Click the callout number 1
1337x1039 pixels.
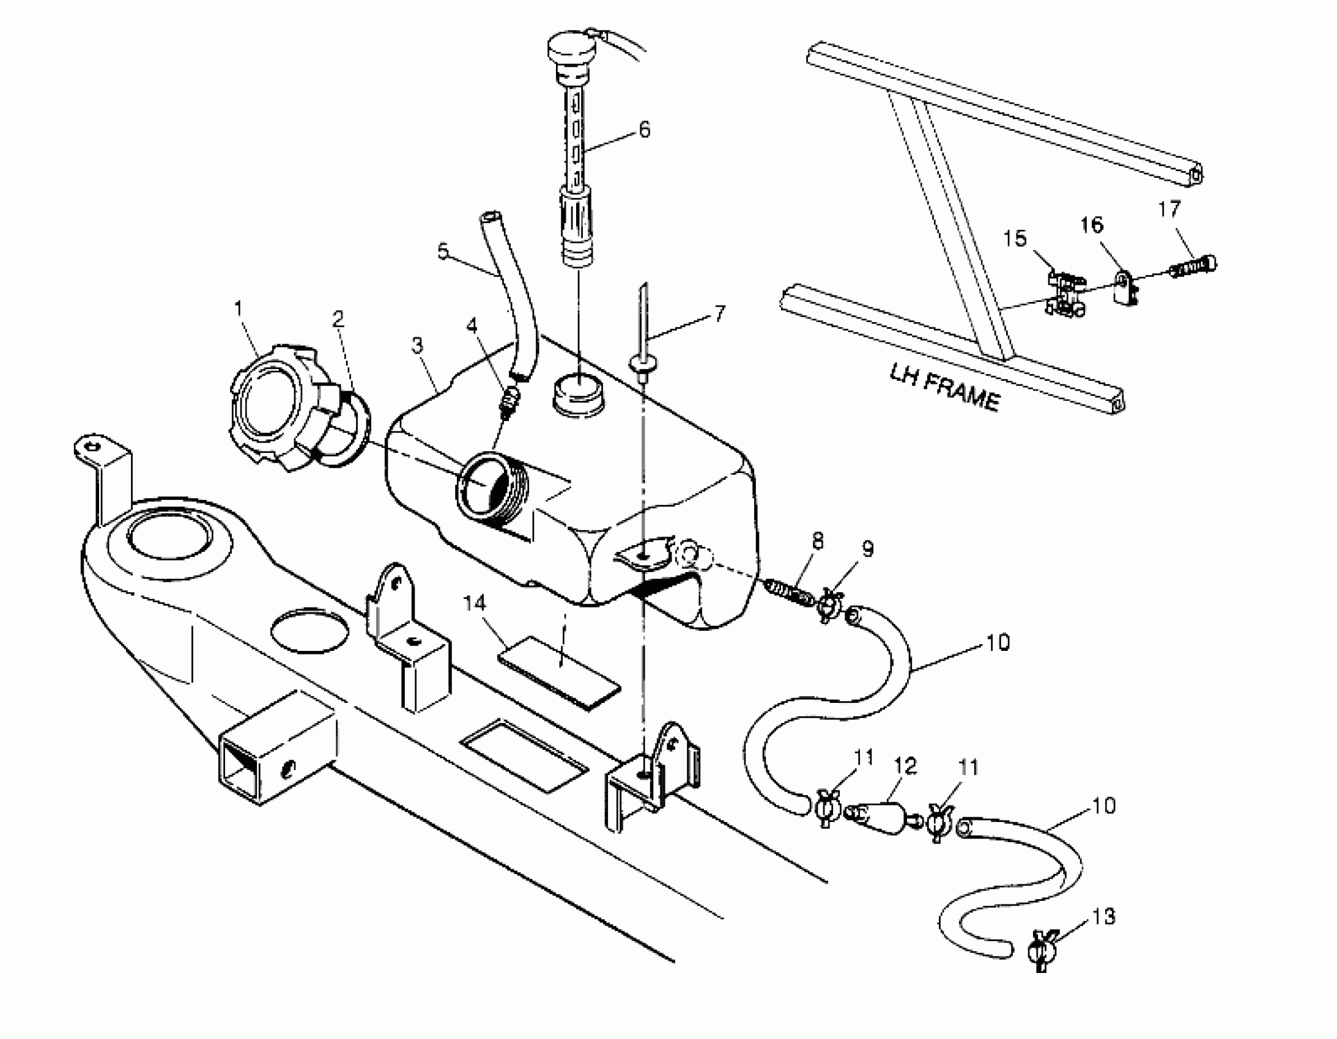click(238, 309)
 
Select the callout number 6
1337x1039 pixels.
click(644, 130)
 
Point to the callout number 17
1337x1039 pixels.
click(1169, 210)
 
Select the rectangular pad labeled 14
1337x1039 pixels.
click(558, 671)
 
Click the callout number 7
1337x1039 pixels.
click(720, 314)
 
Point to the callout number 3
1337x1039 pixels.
click(417, 346)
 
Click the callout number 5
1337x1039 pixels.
click(443, 251)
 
